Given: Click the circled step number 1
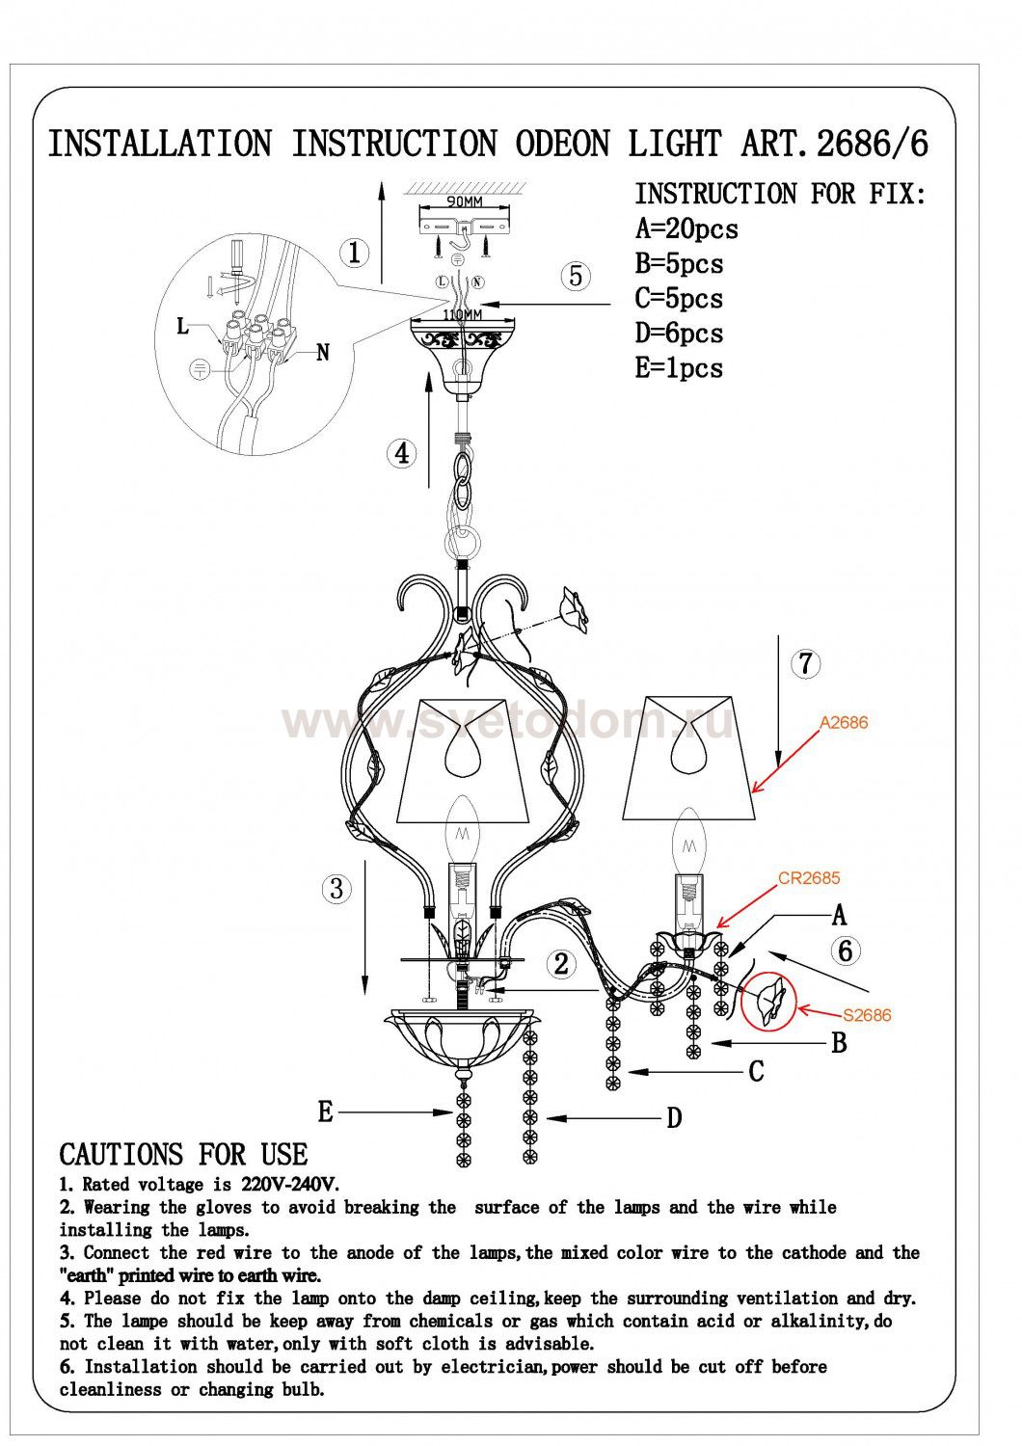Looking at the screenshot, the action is (355, 253).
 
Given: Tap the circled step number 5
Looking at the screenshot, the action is (576, 276).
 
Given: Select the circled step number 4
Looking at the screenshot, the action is (402, 453).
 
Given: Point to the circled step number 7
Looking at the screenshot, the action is (805, 663).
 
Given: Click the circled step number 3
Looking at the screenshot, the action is (336, 888).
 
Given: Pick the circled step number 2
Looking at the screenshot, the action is (561, 964).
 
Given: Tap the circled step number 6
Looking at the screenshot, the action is (846, 951).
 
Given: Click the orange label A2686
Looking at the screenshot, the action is (844, 722).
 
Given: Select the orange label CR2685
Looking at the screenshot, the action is (809, 878).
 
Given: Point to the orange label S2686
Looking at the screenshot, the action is (867, 1015).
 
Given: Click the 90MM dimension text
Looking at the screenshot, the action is (465, 202).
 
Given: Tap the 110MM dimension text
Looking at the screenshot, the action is (462, 314).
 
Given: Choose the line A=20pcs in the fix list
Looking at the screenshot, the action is (686, 229).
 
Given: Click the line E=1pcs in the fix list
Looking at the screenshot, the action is (679, 368).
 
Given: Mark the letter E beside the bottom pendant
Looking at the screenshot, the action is (325, 1111).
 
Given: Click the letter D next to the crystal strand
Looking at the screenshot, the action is (674, 1117).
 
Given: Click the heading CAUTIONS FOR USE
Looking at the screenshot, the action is (183, 1155).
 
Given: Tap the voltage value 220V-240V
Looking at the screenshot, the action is (290, 1185).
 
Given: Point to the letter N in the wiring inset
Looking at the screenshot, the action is (323, 353).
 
